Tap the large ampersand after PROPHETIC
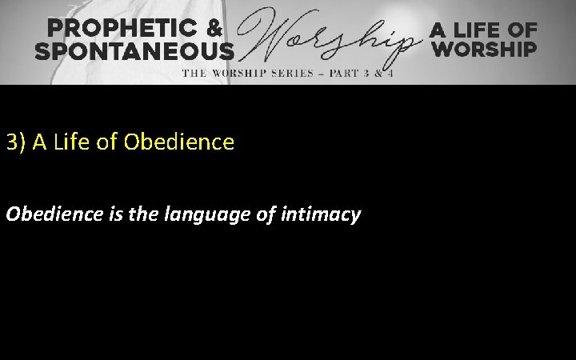217,29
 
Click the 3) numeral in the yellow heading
14,143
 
